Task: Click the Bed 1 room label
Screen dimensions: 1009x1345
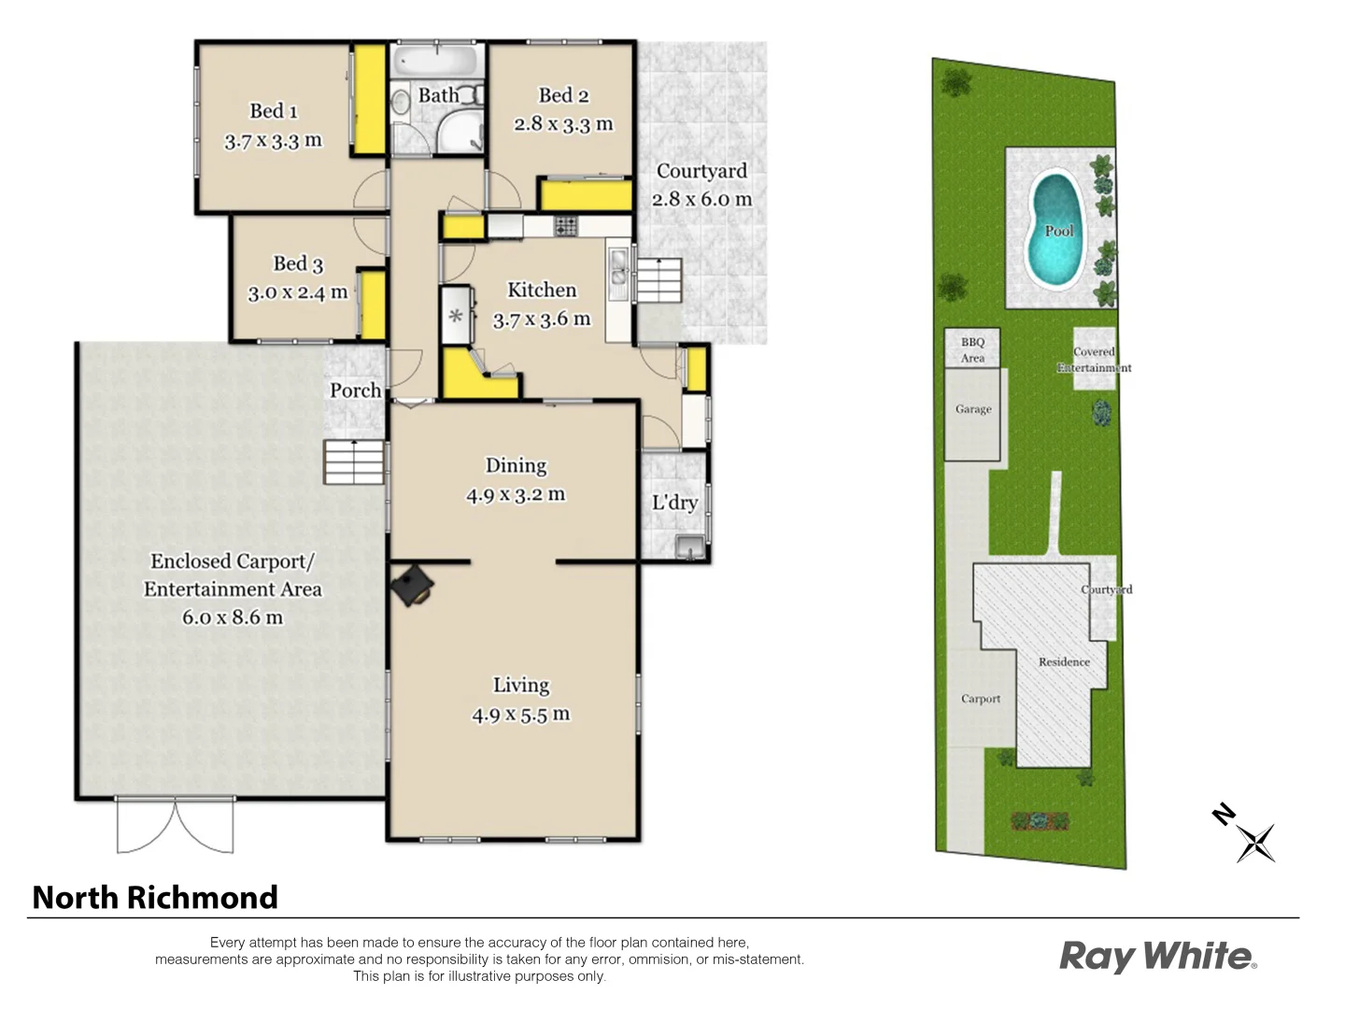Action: tap(274, 111)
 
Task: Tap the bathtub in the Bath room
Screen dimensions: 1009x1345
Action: tap(436, 62)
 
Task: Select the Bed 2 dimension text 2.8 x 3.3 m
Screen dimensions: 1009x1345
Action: tap(563, 124)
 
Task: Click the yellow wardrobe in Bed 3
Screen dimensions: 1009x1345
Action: tap(373, 305)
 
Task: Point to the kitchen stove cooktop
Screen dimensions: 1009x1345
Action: tap(566, 225)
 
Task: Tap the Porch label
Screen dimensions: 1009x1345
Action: tap(355, 391)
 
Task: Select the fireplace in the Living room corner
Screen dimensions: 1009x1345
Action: tap(412, 586)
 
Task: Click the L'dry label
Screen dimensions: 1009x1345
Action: tap(674, 503)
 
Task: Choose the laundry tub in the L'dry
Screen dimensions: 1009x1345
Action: tap(689, 547)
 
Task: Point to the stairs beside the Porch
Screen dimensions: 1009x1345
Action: tap(354, 462)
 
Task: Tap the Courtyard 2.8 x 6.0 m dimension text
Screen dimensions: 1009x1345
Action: tap(701, 199)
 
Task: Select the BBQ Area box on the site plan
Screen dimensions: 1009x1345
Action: tap(972, 348)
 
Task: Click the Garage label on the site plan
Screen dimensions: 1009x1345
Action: tap(973, 409)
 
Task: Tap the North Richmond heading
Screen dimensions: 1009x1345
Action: tap(155, 898)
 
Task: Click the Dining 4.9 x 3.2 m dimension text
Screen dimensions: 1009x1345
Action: tap(516, 495)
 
